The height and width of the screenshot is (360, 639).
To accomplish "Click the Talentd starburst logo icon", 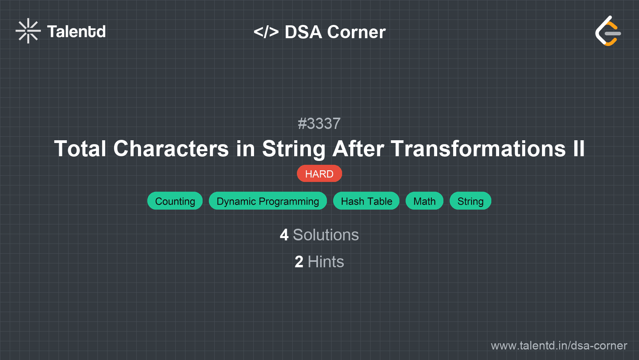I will coord(28,31).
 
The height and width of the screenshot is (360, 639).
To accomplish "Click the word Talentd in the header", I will coord(76,32).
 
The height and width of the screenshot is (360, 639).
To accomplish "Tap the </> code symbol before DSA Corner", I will coord(266,32).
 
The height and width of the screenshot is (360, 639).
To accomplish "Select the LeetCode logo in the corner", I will coord(608,31).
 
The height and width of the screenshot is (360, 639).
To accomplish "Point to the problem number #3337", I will coord(319,124).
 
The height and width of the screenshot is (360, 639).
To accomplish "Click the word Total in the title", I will coord(80,149).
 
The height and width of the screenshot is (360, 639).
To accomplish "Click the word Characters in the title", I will coord(171,149).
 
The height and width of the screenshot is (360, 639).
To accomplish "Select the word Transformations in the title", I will coord(478,149).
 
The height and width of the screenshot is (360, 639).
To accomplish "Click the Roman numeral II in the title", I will coord(579,149).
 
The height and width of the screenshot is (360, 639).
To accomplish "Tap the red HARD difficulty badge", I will coord(319,174).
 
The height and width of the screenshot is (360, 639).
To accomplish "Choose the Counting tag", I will coord(175,201).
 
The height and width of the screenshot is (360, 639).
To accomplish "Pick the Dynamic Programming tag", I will coord(268,201).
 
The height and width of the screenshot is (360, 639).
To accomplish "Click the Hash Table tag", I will coord(366,201).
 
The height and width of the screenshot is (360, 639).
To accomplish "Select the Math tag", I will coord(424,201).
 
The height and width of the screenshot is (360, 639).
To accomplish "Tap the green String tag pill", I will coord(470,201).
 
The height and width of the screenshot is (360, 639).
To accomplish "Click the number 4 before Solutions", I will coord(284,235).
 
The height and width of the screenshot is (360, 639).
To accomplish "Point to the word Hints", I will coord(326,262).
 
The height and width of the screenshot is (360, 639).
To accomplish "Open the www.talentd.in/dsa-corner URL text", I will coord(559,346).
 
